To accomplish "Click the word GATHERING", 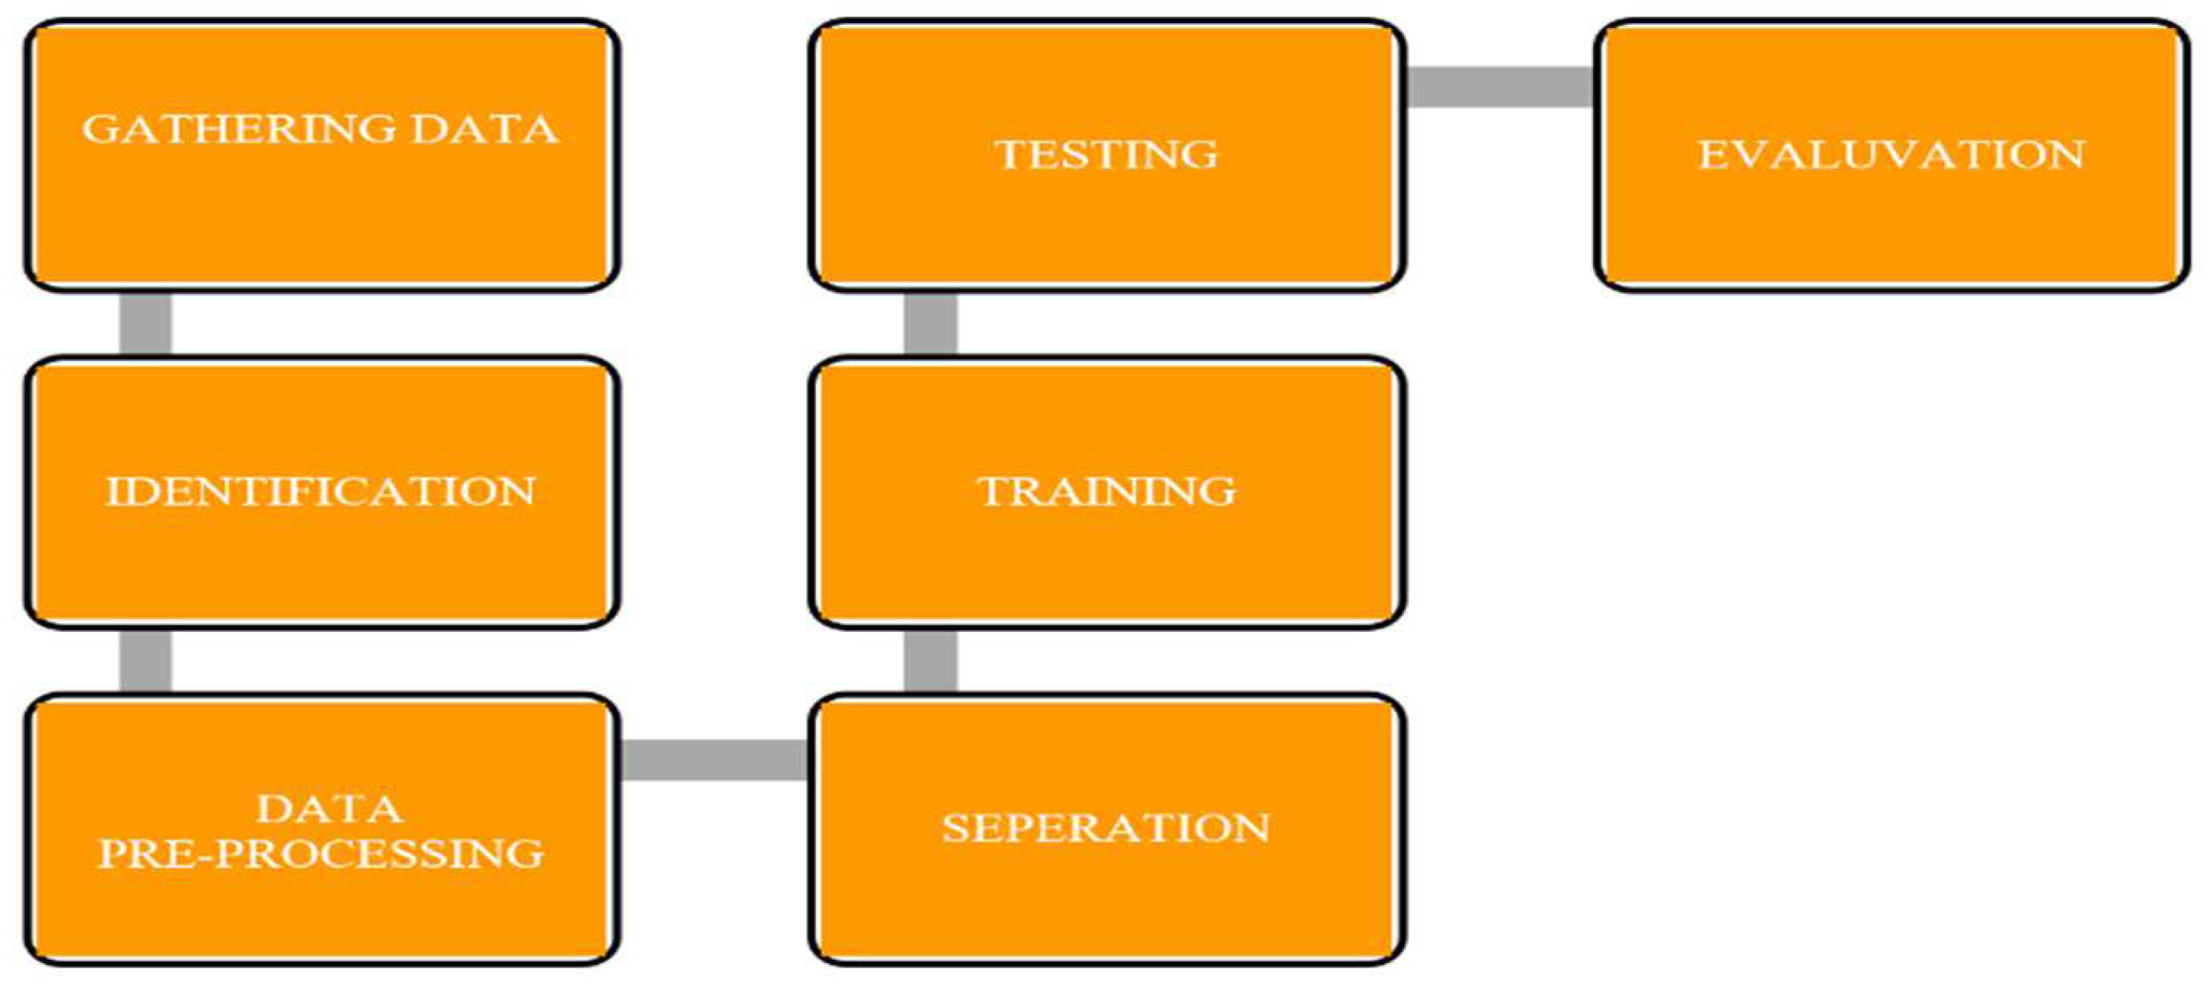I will tap(239, 129).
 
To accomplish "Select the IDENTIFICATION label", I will tap(320, 491).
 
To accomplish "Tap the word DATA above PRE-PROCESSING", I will tap(330, 809).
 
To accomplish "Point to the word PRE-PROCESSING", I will tap(320, 853).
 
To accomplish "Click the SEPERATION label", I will tap(1106, 828).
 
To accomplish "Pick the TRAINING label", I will tap(1107, 491).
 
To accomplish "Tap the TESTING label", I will tap(1107, 154).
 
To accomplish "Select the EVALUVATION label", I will tap(1892, 154).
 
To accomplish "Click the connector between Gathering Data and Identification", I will tap(145, 324).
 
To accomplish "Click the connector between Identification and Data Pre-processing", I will tap(145, 661).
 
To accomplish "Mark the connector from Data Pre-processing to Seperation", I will tap(713, 760).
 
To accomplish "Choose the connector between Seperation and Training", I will tap(930, 661).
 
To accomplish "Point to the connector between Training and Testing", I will tap(930, 324).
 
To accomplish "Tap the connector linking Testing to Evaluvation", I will tap(1499, 87).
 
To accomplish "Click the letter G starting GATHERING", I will tap(100, 129).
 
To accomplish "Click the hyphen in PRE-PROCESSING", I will tap(206, 854).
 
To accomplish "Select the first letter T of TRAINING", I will tap(992, 491).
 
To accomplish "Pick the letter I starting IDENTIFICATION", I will tap(113, 491).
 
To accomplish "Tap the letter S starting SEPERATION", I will tap(954, 829).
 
